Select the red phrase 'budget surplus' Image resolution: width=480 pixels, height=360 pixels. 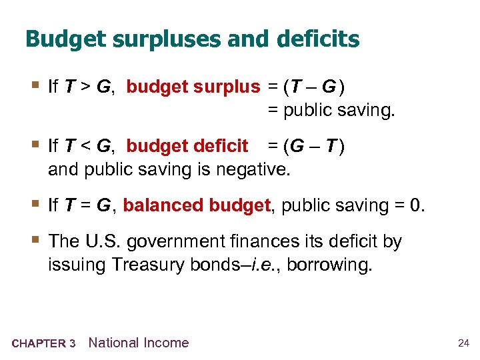193,87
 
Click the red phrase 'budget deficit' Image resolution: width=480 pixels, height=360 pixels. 187,145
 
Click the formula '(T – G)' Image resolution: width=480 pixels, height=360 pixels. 315,87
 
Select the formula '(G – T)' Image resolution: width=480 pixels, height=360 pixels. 315,145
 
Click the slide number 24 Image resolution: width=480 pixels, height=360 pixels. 463,343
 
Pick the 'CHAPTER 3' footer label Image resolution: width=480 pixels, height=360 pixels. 43,344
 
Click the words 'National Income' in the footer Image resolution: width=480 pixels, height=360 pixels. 139,343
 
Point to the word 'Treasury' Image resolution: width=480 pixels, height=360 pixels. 145,265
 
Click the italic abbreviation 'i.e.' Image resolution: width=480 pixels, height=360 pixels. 256,265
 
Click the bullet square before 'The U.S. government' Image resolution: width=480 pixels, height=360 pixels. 35,239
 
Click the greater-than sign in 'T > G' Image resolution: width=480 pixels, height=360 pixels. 87,87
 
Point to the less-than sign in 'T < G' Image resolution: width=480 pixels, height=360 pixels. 87,146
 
